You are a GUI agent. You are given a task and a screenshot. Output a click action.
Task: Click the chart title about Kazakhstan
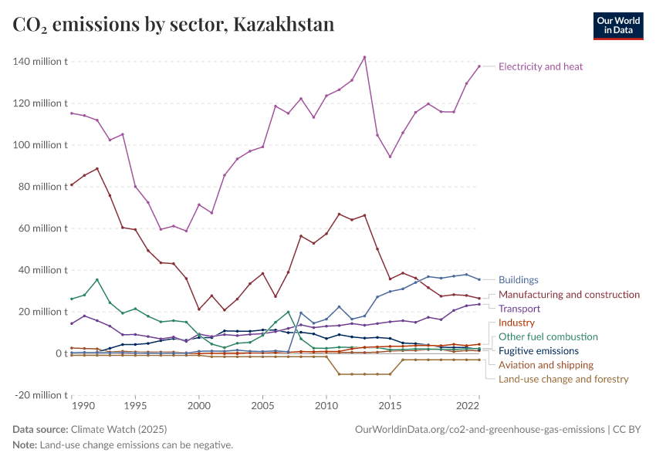point(174,25)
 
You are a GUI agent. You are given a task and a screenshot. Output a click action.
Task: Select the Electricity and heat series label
point(540,66)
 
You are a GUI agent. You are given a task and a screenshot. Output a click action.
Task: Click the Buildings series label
point(518,280)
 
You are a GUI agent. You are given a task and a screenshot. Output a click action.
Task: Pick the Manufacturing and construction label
point(569,295)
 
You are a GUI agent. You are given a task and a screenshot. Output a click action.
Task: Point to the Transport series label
point(519,309)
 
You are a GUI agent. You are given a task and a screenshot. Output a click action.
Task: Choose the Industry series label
point(516,323)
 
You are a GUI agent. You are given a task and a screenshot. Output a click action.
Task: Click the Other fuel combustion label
point(548,336)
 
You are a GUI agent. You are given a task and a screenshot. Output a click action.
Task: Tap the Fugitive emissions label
point(539,351)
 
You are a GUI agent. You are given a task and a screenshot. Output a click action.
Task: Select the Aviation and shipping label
point(546,365)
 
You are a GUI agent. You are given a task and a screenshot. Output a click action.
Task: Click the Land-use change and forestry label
point(563,379)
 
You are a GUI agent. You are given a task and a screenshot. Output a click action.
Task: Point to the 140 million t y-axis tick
point(39,62)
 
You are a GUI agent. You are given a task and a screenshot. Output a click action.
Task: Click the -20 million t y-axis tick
point(39,395)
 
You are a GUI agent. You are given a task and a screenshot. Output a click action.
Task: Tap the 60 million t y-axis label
point(39,228)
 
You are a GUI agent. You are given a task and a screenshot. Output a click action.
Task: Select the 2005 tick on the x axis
point(263,405)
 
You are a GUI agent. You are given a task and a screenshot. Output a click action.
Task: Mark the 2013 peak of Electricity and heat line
point(364,57)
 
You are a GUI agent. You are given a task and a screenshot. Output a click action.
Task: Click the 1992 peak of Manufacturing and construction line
point(97,168)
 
